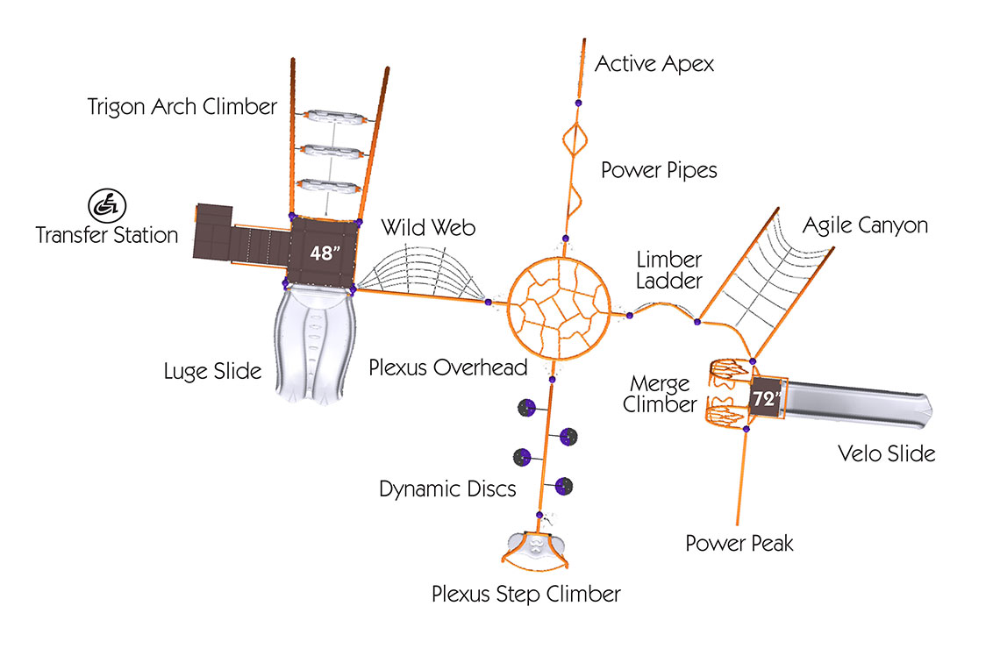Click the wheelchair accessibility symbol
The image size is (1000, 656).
[x=106, y=205]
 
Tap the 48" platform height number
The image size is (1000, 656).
[x=325, y=253]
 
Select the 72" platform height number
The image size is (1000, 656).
[x=766, y=398]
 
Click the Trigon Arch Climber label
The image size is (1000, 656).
[x=182, y=106]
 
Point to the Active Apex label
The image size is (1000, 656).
[x=654, y=64]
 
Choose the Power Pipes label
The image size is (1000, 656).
[x=659, y=170]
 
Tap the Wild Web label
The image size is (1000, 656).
[x=428, y=228]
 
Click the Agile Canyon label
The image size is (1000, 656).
[x=865, y=225]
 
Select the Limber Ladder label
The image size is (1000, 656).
[x=669, y=270]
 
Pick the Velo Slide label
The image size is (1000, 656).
[x=887, y=454]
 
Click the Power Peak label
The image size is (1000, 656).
[x=739, y=544]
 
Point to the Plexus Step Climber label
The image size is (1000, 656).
[x=526, y=594]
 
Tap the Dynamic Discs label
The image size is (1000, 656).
[x=447, y=489]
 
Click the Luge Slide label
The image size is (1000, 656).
[x=212, y=371]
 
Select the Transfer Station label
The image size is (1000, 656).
[x=106, y=235]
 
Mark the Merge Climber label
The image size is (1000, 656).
[x=660, y=394]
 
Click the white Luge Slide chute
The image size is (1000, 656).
[x=315, y=345]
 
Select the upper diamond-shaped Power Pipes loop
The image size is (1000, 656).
[x=564, y=139]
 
